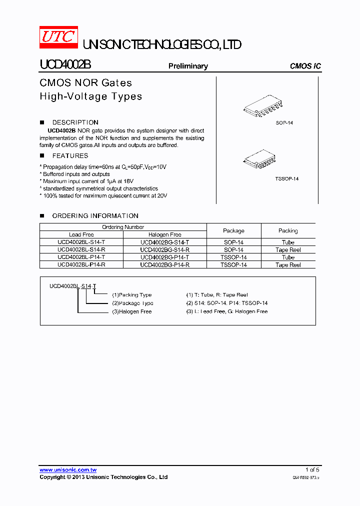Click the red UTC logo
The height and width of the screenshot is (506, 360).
(x=58, y=37)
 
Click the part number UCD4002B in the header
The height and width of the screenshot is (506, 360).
(x=65, y=65)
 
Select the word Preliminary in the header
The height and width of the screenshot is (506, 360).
(x=188, y=66)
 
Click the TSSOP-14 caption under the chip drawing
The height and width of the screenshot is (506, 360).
(x=286, y=179)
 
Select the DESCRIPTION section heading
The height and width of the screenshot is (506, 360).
(x=75, y=122)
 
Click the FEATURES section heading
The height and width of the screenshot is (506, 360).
(x=70, y=155)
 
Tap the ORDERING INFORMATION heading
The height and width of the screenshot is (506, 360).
(x=95, y=215)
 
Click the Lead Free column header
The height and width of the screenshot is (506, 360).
(x=81, y=234)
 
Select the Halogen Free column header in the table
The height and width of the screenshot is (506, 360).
(x=164, y=234)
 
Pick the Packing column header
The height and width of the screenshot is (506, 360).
(x=288, y=230)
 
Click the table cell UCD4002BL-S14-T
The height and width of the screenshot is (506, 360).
(x=81, y=242)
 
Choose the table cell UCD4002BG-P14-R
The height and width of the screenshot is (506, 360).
(x=164, y=265)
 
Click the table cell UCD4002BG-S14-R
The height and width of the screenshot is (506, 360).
(x=164, y=249)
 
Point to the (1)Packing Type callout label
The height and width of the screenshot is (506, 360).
(x=131, y=295)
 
